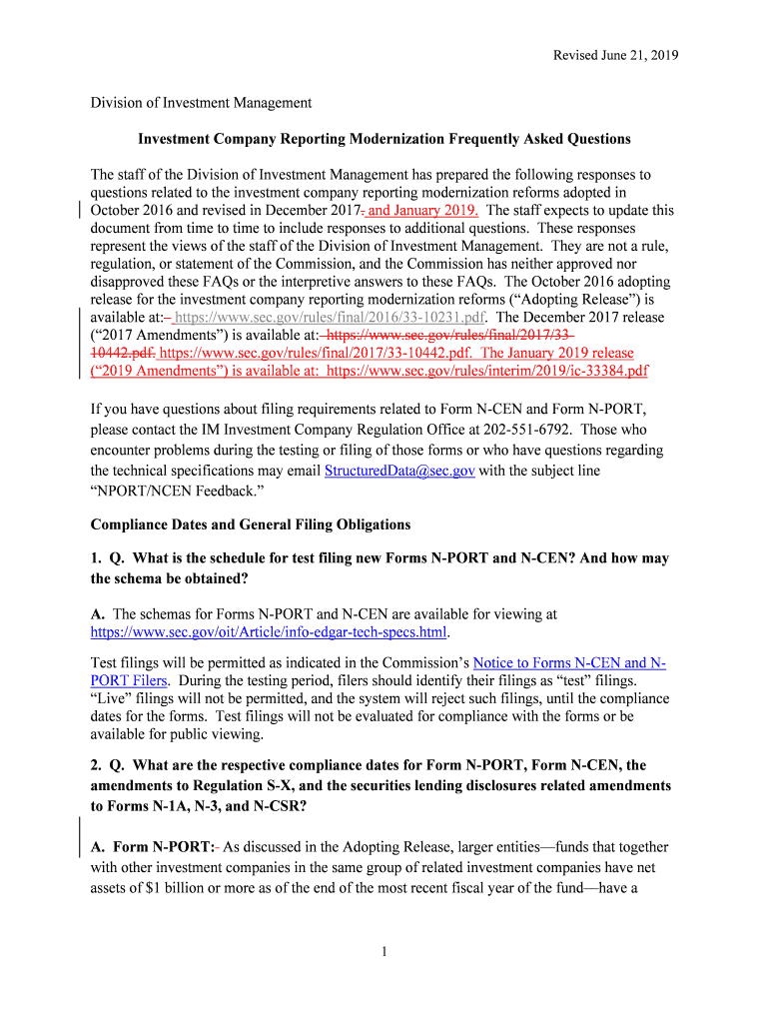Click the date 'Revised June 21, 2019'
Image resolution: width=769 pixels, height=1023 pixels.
pos(615,56)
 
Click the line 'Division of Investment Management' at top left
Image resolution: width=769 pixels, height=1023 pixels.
pos(201,103)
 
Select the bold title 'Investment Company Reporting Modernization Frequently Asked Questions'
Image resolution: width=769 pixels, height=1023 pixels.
pos(384,139)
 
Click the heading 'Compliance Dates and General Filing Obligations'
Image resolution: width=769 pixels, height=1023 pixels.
pos(250,524)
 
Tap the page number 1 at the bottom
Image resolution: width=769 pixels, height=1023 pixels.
pos(384,951)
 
